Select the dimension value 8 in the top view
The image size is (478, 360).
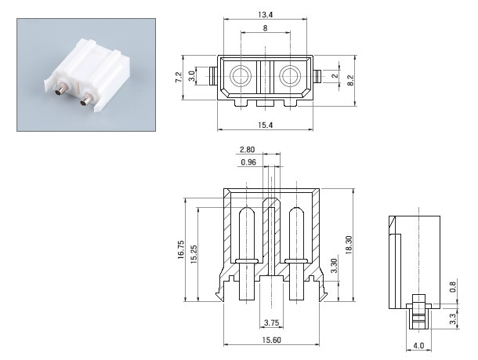tap(265, 28)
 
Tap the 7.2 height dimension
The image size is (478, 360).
tap(179, 77)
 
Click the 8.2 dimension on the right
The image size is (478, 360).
tap(349, 79)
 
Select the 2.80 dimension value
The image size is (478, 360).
tap(248, 149)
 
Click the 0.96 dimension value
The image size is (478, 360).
tap(248, 162)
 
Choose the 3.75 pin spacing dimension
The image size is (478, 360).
tap(271, 323)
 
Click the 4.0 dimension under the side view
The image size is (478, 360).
tap(418, 345)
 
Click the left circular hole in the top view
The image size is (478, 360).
tap(240, 75)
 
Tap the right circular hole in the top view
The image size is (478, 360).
tap(289, 75)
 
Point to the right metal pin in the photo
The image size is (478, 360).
tap(84, 99)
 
